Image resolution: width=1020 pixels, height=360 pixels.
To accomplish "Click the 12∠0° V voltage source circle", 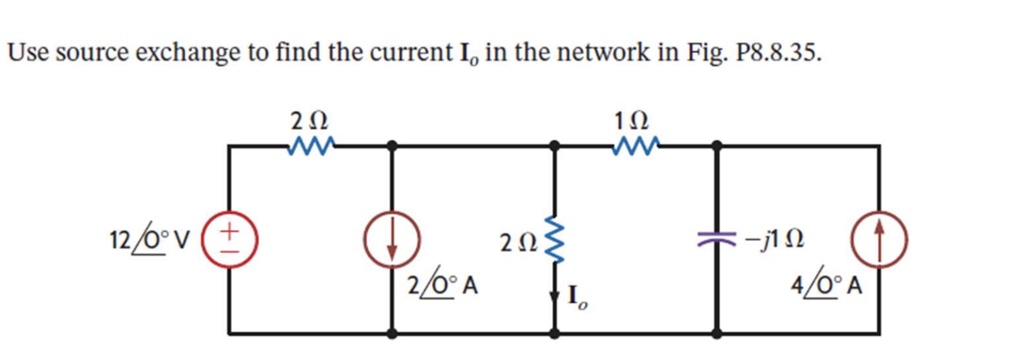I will pos(229,240).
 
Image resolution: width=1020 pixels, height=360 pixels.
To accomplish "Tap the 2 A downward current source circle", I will pos(392,240).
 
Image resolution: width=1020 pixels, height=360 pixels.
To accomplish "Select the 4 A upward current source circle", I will pos(880,240).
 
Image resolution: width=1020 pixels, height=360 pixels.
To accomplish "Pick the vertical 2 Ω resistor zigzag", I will pos(554,240).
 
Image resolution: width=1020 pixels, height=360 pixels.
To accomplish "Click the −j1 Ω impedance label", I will pos(774,239).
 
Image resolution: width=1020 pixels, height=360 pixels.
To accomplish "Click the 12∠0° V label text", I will pos(150,239).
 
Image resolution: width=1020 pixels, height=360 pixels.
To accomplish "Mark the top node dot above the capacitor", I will pos(717,146).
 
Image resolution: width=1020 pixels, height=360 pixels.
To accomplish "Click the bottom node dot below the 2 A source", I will pos(392,334).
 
